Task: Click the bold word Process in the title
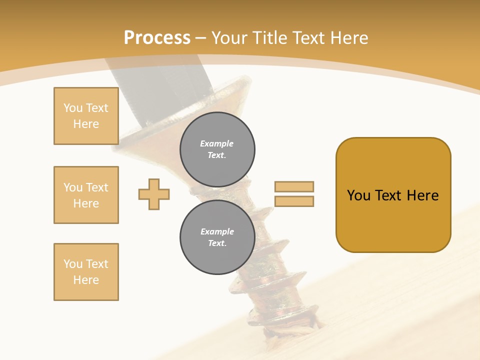pos(157,37)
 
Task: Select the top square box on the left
pos(86,116)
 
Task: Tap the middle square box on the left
pos(86,195)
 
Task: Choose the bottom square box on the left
pos(86,272)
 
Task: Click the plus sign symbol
pos(154,194)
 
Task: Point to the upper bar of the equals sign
pos(294,186)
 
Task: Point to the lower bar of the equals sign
pos(294,201)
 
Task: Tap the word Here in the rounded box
pos(422,195)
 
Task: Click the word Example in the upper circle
pos(216,143)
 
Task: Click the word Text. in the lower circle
pos(217,243)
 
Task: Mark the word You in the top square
pos(73,108)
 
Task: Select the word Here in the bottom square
pos(86,280)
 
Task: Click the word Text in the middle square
pos(97,187)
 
